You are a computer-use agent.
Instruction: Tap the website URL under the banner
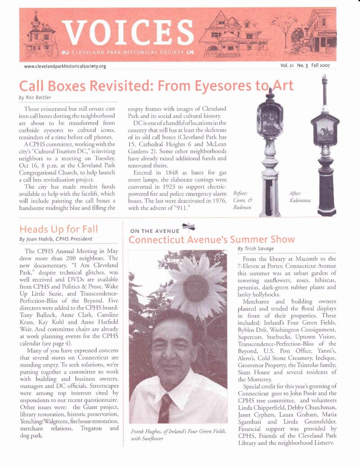click(65, 66)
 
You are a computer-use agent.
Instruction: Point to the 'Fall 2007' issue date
click(321, 66)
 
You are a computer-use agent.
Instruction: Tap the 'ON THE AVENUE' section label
click(154, 231)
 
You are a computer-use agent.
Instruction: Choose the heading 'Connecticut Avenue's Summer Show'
click(211, 239)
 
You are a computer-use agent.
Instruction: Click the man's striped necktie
click(165, 408)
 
